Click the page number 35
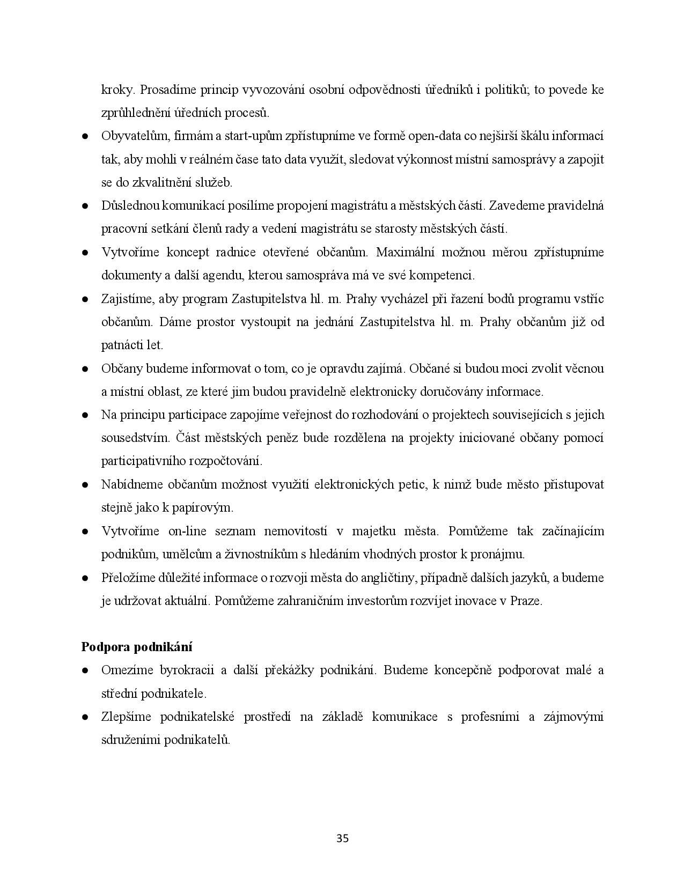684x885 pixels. tap(342, 838)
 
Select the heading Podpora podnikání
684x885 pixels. tap(137, 647)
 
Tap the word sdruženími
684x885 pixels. tap(131, 740)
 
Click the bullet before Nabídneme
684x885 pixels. tap(85, 485)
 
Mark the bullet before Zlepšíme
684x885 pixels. tap(85, 717)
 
